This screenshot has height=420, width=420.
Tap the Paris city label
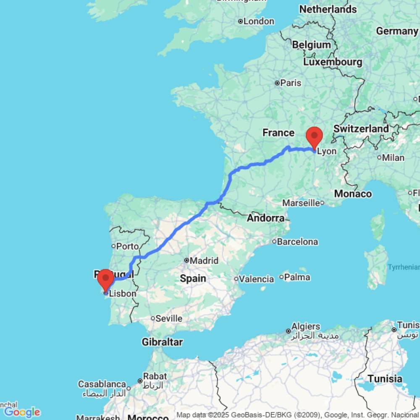[x=291, y=83]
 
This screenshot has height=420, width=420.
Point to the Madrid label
[x=204, y=261]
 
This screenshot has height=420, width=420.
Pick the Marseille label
[x=301, y=203]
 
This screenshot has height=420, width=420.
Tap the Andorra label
[x=266, y=218]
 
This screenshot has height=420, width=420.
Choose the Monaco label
[x=353, y=194]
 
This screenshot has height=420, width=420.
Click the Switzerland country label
[x=361, y=129]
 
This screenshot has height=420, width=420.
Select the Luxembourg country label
[x=333, y=62]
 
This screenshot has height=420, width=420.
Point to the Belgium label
[x=311, y=45]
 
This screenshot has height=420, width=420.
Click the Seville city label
[x=169, y=318]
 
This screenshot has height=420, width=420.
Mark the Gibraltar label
[x=162, y=342]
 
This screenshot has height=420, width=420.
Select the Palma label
[x=297, y=277]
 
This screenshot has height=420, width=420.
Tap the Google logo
[x=22, y=412]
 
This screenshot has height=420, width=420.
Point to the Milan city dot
[x=379, y=158]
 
